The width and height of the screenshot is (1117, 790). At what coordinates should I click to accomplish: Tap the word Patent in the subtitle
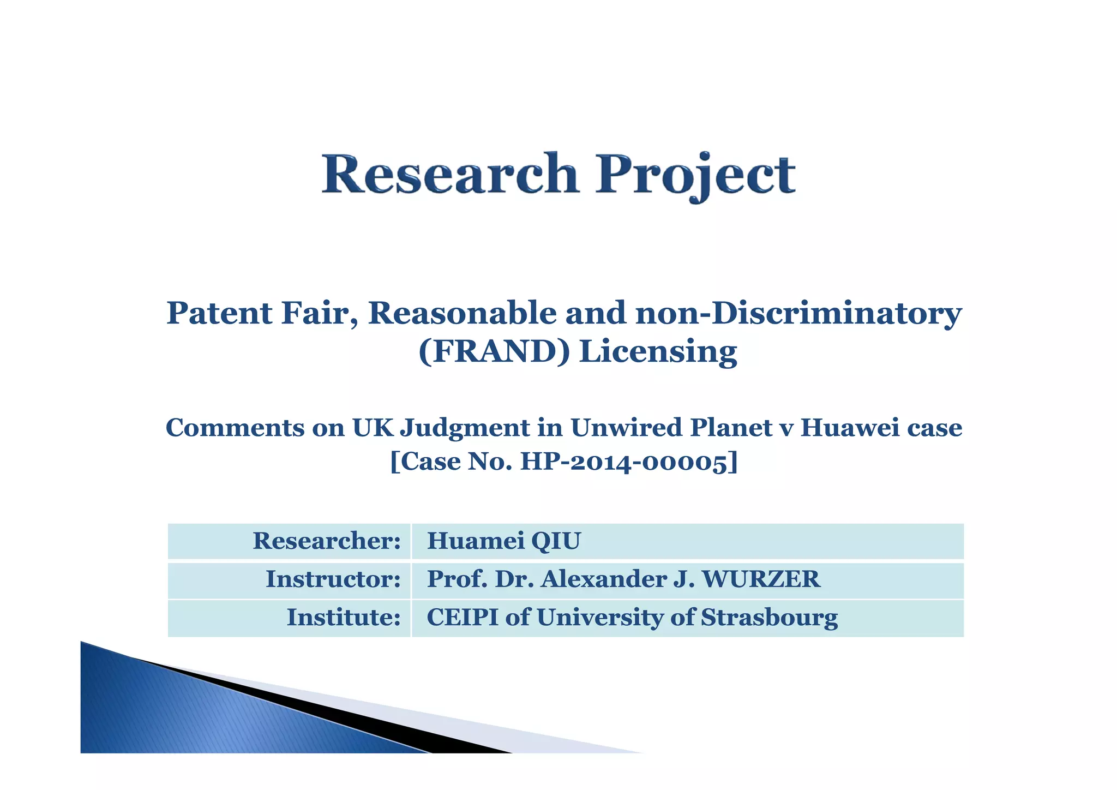click(x=219, y=313)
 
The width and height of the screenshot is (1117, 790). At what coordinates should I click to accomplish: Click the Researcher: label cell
click(x=326, y=541)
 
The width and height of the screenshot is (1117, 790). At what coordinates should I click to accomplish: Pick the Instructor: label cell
click(x=333, y=579)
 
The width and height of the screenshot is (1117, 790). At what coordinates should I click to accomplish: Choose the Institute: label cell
click(x=344, y=617)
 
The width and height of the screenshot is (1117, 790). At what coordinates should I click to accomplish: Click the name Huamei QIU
click(x=503, y=541)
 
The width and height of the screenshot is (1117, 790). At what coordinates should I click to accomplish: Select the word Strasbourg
click(x=769, y=618)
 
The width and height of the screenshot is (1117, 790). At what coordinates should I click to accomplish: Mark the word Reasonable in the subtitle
click(x=462, y=313)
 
